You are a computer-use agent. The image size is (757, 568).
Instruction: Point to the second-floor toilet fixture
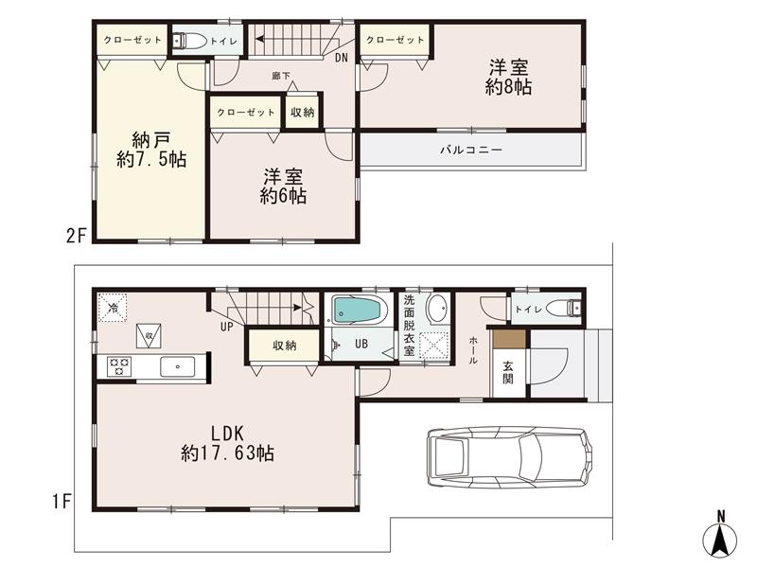(187, 40)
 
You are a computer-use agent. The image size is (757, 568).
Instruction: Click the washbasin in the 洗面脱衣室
(436, 309)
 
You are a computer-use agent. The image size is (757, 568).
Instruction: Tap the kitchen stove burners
(119, 366)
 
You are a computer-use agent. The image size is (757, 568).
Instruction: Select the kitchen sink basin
(175, 366)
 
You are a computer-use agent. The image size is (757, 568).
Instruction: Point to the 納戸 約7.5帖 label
(151, 147)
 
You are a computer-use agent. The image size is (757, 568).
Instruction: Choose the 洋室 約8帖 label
(508, 77)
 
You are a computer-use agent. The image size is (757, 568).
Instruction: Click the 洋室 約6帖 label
(283, 186)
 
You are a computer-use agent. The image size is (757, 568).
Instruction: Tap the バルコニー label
(470, 150)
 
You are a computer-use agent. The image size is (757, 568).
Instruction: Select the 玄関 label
(508, 372)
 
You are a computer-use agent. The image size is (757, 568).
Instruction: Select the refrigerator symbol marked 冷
(113, 308)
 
